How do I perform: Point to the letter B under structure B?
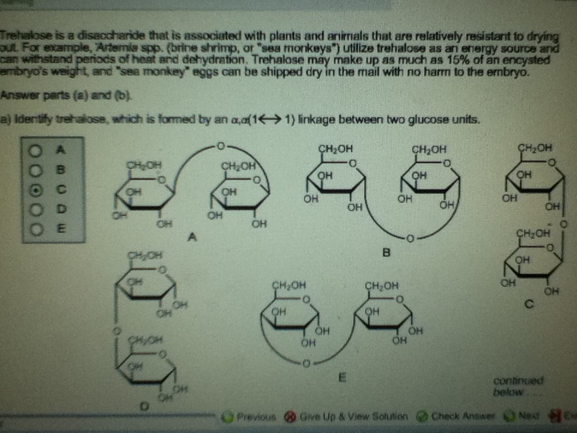[386, 253]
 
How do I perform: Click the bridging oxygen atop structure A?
[221, 146]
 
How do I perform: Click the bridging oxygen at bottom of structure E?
[306, 363]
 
